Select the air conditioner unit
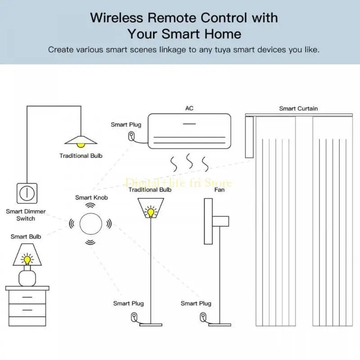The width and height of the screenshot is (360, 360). coord(189,130)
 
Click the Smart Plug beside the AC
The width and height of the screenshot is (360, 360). coord(131,136)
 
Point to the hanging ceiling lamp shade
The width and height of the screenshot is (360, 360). coord(81,139)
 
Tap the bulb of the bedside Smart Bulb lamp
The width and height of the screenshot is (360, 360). coord(27,260)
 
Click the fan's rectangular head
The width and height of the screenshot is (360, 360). coord(208,221)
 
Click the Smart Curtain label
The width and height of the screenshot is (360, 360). coord(298,108)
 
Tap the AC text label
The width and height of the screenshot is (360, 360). coord(189,108)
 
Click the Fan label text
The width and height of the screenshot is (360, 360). coord(220,190)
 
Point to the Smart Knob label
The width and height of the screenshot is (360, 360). coord(91,198)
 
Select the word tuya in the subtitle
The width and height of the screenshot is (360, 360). coord(221,49)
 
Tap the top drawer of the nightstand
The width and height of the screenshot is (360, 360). coord(27,297)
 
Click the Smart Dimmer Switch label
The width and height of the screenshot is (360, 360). coord(26,215)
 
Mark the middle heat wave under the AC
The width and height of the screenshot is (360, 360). coord(189,161)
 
